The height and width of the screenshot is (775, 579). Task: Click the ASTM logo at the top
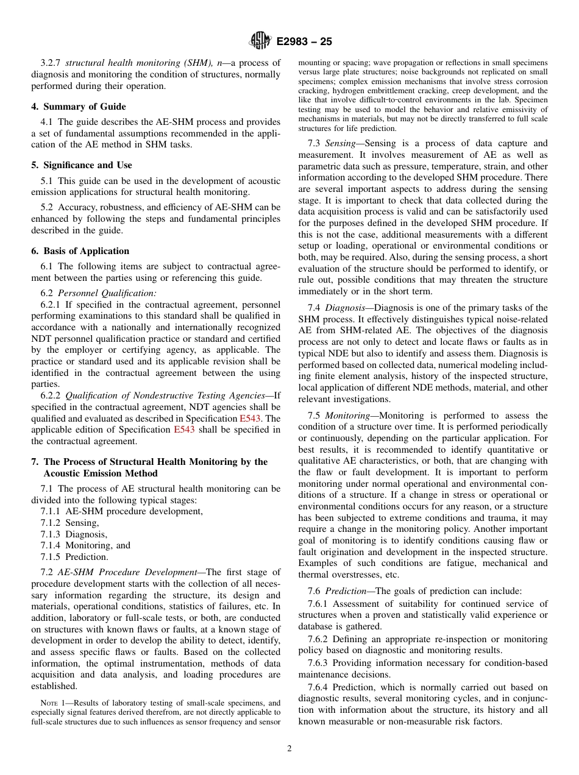260,42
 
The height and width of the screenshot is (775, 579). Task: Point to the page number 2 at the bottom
289,748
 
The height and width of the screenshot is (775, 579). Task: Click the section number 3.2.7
51,63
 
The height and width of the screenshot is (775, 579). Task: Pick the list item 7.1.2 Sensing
69,523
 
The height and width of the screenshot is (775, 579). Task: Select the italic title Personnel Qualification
107,292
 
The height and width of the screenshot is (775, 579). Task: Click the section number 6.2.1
51,304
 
